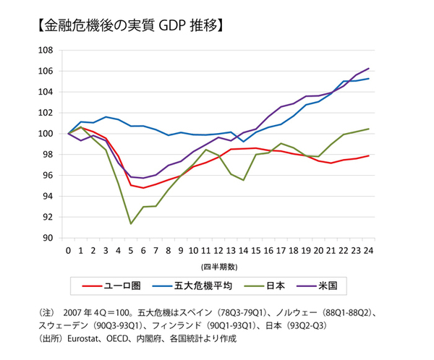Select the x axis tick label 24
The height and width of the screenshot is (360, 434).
[x=368, y=251]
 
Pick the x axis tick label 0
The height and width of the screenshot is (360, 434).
[x=68, y=251]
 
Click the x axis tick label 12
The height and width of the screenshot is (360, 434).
[x=218, y=251]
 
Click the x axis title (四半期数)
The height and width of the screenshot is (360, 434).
[x=218, y=266]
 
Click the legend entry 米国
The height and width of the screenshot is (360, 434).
[x=337, y=286]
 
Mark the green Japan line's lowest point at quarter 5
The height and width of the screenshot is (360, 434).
[x=131, y=223]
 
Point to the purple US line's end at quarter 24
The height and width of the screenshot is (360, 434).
[x=369, y=69]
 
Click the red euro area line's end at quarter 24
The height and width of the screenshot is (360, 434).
[x=369, y=155]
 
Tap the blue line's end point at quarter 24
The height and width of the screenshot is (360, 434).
[x=369, y=79]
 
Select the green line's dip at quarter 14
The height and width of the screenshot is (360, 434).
[x=244, y=180]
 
